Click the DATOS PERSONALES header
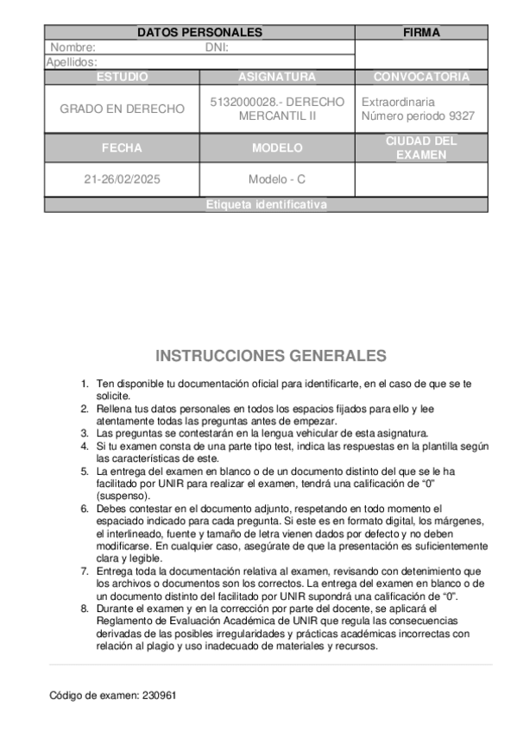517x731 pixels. [199, 33]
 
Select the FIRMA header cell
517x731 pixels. [421, 33]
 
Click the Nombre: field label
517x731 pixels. [73, 47]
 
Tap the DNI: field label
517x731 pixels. [217, 47]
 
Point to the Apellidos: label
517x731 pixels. [71, 62]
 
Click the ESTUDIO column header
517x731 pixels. [122, 77]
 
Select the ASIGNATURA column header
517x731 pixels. [276, 77]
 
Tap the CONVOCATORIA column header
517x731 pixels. [421, 77]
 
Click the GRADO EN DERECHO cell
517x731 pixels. [122, 109]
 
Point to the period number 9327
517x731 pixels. [457, 116]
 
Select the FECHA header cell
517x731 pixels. [122, 148]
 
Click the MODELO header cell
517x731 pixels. [276, 148]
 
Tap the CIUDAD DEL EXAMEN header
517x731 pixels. [421, 148]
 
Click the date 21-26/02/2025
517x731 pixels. [122, 180]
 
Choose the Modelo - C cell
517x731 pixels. [276, 180]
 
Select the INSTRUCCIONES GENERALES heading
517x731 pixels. [270, 356]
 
